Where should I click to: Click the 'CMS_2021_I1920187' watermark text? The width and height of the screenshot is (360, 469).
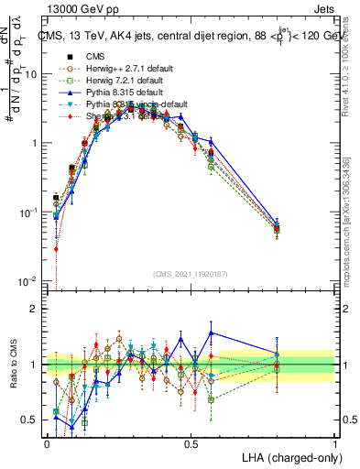[191, 274]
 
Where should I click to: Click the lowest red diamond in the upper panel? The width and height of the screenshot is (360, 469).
[56, 248]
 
